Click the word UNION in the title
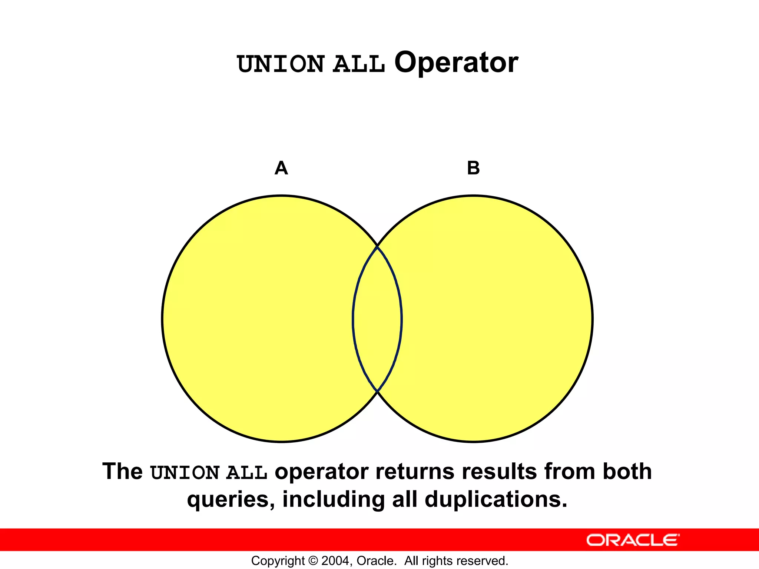(281, 64)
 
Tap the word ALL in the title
(359, 64)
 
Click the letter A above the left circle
(281, 168)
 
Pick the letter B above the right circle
(473, 168)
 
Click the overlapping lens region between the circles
(377, 319)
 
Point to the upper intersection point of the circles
(377, 246)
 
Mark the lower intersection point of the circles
(377, 391)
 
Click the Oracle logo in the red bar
(633, 540)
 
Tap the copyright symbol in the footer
(313, 561)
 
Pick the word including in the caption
(333, 500)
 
